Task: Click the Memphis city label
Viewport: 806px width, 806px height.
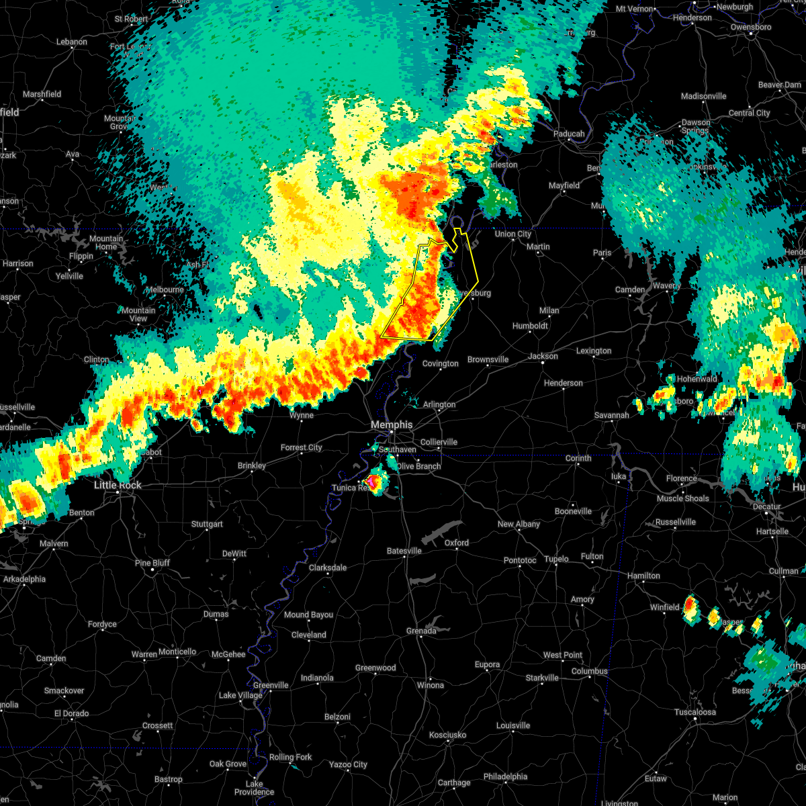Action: (392, 425)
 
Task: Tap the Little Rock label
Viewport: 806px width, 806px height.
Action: (118, 485)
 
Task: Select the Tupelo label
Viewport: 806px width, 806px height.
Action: (556, 559)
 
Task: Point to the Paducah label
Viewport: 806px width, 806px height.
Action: (569, 134)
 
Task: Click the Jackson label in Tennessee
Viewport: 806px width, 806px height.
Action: (543, 356)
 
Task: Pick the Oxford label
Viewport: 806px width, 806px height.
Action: (457, 543)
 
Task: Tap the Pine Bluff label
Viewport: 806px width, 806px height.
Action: (152, 563)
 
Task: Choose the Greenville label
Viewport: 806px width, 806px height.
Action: (271, 685)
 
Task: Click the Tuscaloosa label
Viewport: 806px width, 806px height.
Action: (695, 712)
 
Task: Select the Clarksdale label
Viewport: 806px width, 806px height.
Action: (328, 568)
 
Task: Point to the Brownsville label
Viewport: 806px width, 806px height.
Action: (488, 359)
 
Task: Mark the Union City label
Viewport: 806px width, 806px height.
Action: (513, 234)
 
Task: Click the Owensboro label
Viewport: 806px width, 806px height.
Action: (751, 28)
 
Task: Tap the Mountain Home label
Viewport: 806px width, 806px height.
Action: (106, 242)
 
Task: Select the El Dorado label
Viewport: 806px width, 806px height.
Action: (71, 713)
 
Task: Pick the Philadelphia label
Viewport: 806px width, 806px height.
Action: (505, 776)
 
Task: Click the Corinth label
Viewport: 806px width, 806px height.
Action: (578, 458)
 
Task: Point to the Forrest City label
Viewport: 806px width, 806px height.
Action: (301, 447)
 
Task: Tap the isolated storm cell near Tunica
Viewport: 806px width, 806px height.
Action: (373, 482)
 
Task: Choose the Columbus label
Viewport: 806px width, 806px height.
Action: (589, 671)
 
